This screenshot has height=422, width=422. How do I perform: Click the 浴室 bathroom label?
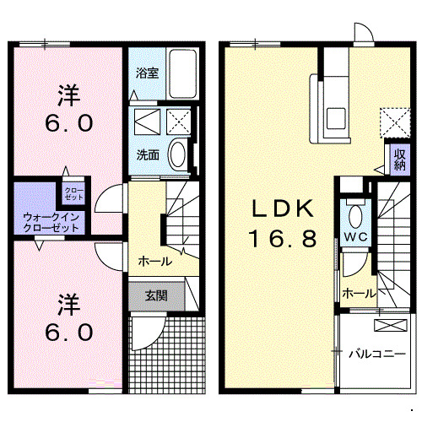coord(148,73)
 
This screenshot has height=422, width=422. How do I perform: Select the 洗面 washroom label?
coord(148,154)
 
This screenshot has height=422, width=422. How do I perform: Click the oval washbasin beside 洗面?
coord(177,154)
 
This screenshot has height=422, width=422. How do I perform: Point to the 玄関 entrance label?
coord(155,295)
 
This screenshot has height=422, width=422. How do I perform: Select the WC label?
coord(354,238)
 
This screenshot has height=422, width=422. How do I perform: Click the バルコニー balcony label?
coord(377,353)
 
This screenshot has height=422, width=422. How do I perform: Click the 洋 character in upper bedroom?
coord(68,92)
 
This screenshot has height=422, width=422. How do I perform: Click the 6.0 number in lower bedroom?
coord(68,332)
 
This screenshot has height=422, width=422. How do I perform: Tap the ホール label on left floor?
coord(154,261)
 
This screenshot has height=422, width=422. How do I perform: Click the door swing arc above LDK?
coord(363,34)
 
